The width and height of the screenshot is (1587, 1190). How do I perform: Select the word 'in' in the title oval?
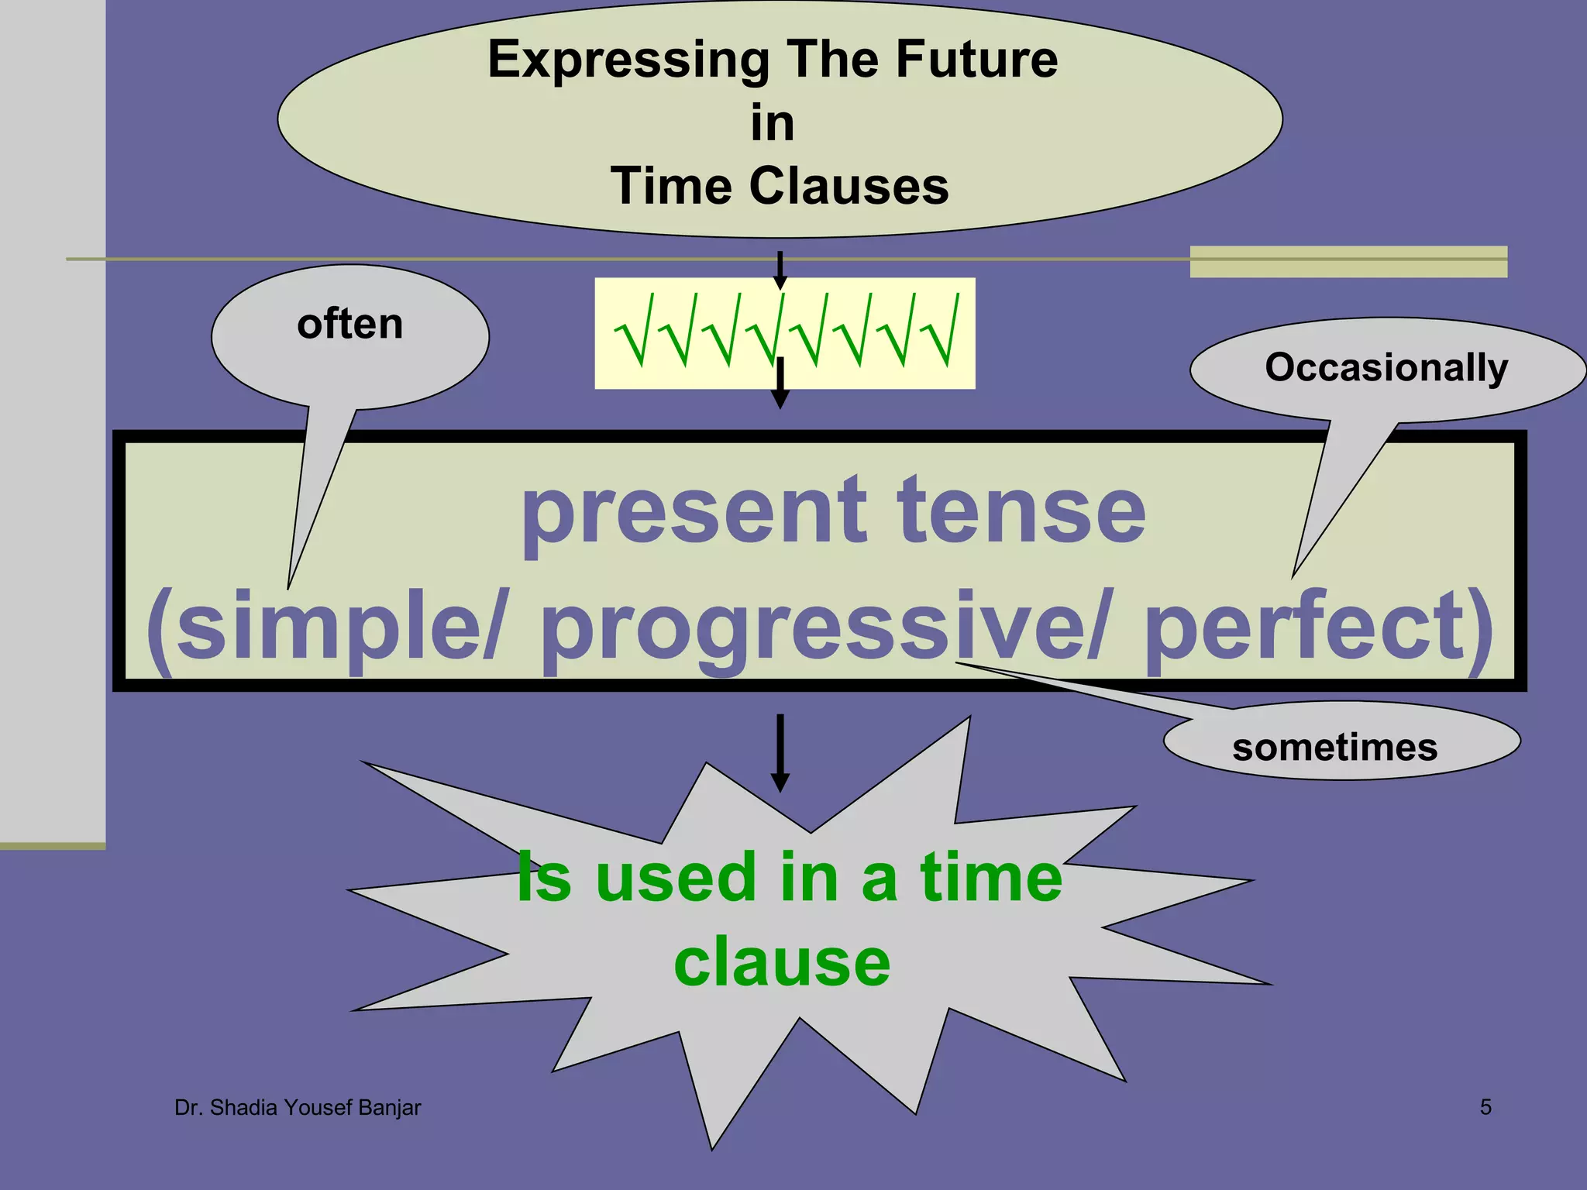(x=773, y=124)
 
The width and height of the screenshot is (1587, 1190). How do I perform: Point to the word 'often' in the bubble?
(x=350, y=324)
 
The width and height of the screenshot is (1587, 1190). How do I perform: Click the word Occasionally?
(x=1386, y=367)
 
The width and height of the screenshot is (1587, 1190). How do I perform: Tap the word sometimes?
(x=1334, y=748)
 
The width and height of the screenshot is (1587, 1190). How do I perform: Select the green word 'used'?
(x=675, y=877)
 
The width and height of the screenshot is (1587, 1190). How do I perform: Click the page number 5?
(x=1485, y=1107)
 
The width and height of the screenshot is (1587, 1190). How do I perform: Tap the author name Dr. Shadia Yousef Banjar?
(x=298, y=1108)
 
